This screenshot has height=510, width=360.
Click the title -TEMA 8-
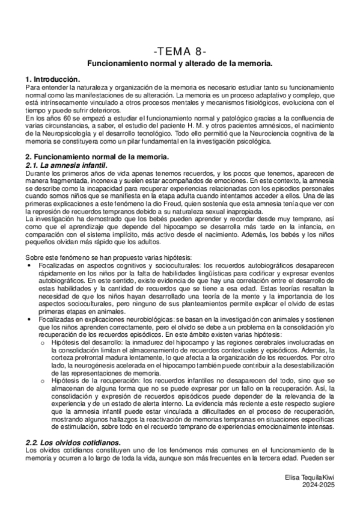pyautogui.click(x=180, y=51)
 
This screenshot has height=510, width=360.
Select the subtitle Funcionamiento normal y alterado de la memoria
pyautogui.click(x=180, y=63)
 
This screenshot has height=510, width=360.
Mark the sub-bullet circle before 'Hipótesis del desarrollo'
pyautogui.click(x=41, y=341)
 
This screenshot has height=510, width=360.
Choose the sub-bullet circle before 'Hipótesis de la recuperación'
pyautogui.click(x=41, y=382)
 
